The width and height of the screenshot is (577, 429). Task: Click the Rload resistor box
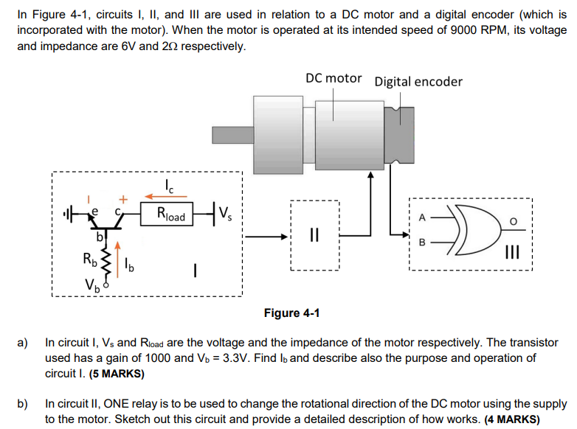(x=170, y=216)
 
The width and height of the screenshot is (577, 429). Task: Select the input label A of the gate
(x=422, y=218)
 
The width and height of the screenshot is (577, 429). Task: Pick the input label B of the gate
(x=422, y=242)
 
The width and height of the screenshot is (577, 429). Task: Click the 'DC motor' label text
(x=334, y=79)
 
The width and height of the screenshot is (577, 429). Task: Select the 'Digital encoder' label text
(x=418, y=81)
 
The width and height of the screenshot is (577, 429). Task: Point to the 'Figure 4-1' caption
(x=291, y=313)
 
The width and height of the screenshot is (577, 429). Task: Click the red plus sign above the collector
(x=124, y=198)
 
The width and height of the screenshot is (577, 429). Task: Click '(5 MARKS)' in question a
(x=117, y=374)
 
